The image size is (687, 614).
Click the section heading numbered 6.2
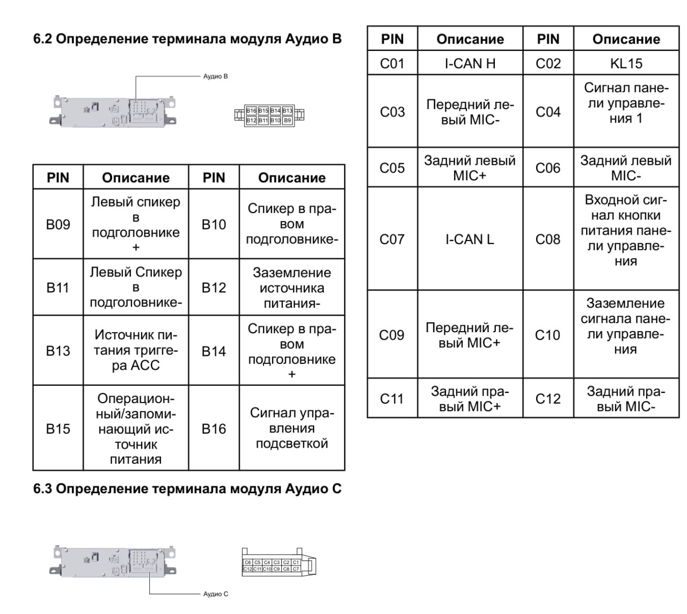pyautogui.click(x=187, y=39)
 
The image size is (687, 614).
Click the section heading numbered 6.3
pyautogui.click(x=187, y=488)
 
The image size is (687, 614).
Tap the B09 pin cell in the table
pyautogui.click(x=58, y=224)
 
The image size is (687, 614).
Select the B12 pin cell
pyautogui.click(x=214, y=288)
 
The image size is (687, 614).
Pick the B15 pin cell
pyautogui.click(x=58, y=428)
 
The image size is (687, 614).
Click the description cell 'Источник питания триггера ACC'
pyautogui.click(x=136, y=350)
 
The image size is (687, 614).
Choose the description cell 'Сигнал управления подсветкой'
pyautogui.click(x=292, y=428)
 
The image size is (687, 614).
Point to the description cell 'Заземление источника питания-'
pyautogui.click(x=292, y=288)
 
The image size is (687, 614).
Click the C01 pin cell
pyautogui.click(x=392, y=63)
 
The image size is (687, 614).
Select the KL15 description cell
pyautogui.click(x=626, y=63)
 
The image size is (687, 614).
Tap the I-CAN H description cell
pyautogui.click(x=470, y=63)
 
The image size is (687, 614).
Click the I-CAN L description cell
pyautogui.click(x=470, y=239)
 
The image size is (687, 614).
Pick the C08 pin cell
pyautogui.click(x=547, y=239)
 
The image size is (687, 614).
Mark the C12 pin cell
pyautogui.click(x=547, y=398)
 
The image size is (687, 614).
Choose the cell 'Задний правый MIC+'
pyautogui.click(x=470, y=398)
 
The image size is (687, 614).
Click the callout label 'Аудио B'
pyautogui.click(x=215, y=76)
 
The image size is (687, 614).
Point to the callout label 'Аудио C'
pyautogui.click(x=215, y=594)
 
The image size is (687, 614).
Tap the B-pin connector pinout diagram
pyautogui.click(x=269, y=115)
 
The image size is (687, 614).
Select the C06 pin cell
pyautogui.click(x=547, y=167)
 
